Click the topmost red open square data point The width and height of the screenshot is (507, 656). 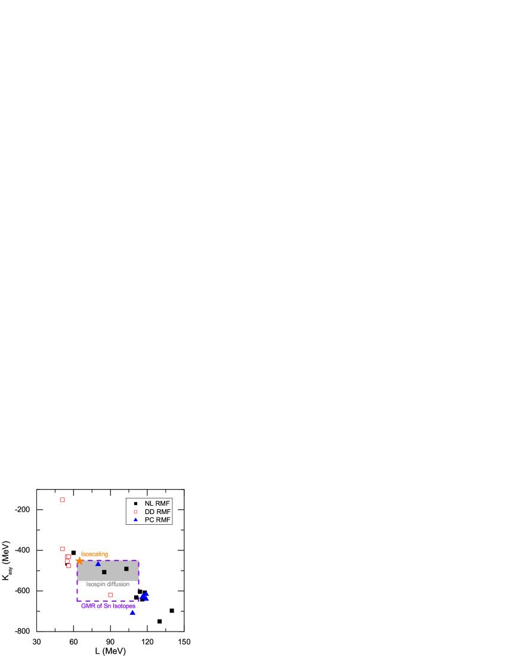[63, 500]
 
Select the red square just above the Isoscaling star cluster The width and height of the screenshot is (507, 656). [63, 549]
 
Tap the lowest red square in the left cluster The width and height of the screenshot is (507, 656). [69, 565]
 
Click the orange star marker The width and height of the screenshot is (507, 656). [79, 561]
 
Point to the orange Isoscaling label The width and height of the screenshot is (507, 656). [94, 554]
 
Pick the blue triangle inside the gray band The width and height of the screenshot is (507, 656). [98, 564]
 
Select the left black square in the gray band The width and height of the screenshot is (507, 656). [104, 572]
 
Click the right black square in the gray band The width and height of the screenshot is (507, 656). [126, 569]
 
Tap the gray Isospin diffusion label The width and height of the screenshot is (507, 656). [108, 584]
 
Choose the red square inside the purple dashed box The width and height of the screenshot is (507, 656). [110, 595]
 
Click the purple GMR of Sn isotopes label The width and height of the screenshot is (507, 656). [108, 606]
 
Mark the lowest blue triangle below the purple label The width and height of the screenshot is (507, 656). [132, 612]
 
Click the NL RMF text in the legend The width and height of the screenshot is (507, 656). [157, 503]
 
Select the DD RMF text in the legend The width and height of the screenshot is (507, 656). [157, 512]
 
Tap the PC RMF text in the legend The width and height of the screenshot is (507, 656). [157, 520]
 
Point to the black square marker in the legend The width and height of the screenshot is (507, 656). [135, 503]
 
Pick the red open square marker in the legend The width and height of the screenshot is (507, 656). [135, 512]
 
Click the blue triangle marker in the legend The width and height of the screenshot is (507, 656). [135, 520]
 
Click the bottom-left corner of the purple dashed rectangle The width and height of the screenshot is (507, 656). [77, 601]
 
